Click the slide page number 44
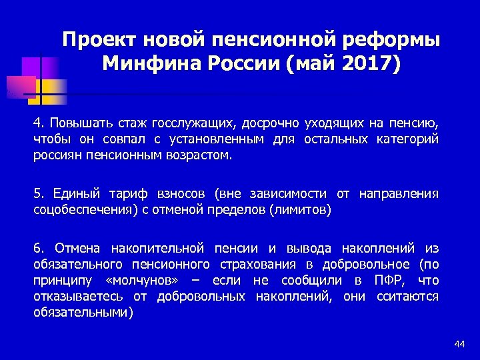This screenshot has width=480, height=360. pos(459,343)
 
